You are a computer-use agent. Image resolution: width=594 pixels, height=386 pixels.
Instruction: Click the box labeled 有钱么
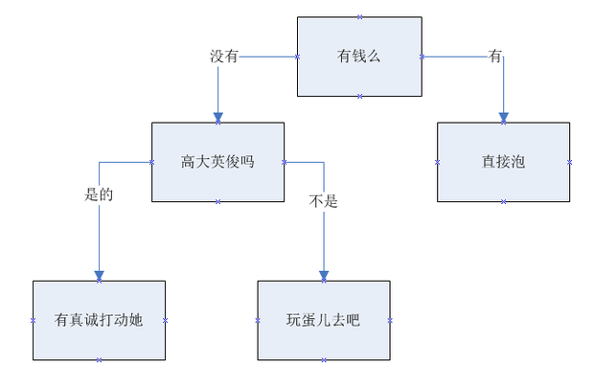pos(359,57)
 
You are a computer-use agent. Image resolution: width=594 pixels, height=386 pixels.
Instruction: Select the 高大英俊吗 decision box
pos(217,162)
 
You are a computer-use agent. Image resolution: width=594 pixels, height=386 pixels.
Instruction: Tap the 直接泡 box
pos(503,162)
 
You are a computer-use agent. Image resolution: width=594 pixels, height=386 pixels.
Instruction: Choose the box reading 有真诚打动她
pos(99,320)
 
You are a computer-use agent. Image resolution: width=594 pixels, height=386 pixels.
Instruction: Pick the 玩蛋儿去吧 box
pos(323,320)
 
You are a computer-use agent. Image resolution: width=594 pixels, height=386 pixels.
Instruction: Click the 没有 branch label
pos(224,57)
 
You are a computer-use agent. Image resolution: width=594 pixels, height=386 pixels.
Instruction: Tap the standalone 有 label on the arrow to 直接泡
pos(495,57)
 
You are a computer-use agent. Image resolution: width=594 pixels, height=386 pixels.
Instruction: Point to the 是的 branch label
pos(99,194)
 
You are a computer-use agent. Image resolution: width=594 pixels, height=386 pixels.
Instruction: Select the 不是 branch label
pos(324,201)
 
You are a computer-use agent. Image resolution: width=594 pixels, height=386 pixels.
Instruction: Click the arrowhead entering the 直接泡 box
pos(503,117)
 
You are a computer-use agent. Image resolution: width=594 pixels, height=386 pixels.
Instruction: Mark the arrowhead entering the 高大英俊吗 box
pos(218,117)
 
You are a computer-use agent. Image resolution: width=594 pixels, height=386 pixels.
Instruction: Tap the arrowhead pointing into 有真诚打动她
pos(99,276)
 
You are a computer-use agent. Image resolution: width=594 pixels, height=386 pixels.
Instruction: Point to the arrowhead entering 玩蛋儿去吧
pos(323,276)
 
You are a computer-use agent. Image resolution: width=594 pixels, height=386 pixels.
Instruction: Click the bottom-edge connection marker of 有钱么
pos(359,97)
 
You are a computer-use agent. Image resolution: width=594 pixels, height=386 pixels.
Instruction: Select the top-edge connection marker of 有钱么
pos(359,16)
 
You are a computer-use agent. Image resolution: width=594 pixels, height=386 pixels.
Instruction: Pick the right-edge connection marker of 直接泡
pos(570,162)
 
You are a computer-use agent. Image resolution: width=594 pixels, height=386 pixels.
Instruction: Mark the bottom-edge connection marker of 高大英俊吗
pos(218,201)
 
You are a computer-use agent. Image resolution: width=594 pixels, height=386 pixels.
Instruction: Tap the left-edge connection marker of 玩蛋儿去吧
pos(258,320)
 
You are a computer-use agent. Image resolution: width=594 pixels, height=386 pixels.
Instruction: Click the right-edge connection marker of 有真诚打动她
pos(165,320)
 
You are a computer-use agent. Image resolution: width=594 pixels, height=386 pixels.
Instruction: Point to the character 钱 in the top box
pos(359,57)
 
